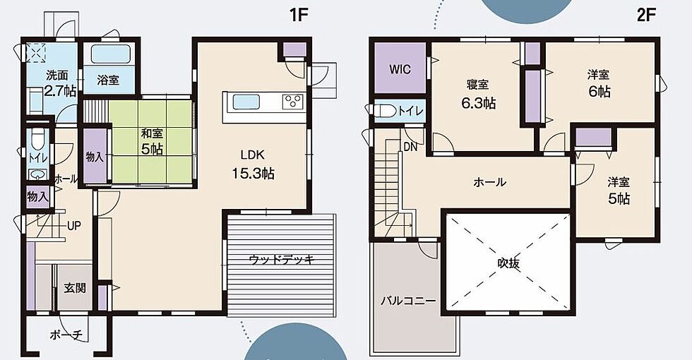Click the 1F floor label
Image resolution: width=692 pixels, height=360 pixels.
pyautogui.click(x=298, y=15)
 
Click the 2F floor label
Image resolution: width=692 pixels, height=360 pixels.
pyautogui.click(x=647, y=15)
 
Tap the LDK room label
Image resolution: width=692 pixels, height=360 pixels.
pyautogui.click(x=253, y=155)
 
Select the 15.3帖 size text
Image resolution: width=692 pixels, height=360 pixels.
pyautogui.click(x=253, y=174)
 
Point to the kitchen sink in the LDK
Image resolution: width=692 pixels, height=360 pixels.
pyautogui.click(x=246, y=102)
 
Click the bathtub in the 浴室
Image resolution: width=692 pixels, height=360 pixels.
pyautogui.click(x=111, y=54)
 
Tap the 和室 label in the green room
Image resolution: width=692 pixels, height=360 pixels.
pyautogui.click(x=152, y=133)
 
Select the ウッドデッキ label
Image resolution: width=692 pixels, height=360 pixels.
pyautogui.click(x=282, y=260)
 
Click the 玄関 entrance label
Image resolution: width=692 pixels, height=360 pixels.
pyautogui.click(x=75, y=288)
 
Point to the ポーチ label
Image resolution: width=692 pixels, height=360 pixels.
pyautogui.click(x=66, y=335)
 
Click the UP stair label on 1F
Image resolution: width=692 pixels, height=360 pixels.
pyautogui.click(x=73, y=226)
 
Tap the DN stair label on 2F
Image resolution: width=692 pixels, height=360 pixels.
pyautogui.click(x=410, y=148)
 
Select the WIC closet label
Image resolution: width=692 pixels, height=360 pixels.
pyautogui.click(x=400, y=69)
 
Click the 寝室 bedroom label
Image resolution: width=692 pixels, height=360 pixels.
pyautogui.click(x=477, y=84)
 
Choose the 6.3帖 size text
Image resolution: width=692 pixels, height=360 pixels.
pyautogui.click(x=479, y=103)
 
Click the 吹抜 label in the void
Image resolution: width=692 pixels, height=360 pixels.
pyautogui.click(x=508, y=263)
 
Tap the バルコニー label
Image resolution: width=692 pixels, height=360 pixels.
pyautogui.click(x=408, y=301)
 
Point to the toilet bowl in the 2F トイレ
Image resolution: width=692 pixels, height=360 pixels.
pyautogui.click(x=386, y=111)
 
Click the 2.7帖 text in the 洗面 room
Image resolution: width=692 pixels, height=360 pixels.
pyautogui.click(x=60, y=91)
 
